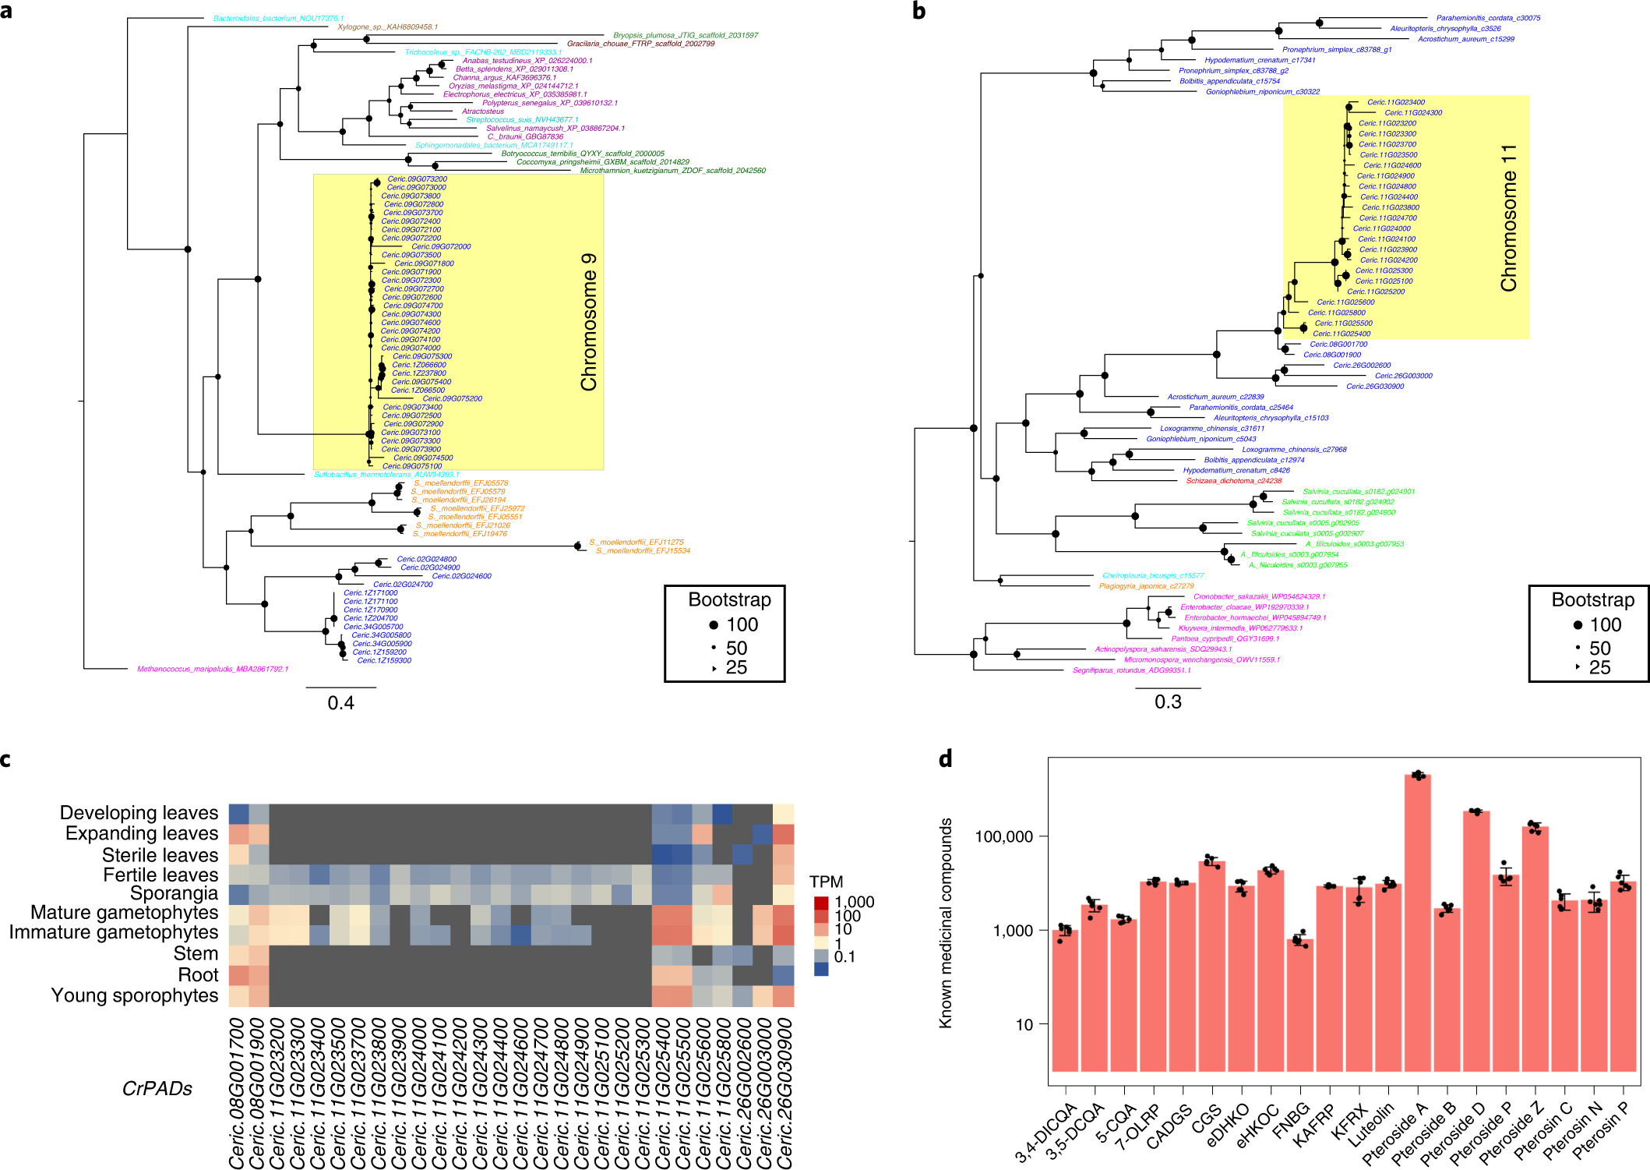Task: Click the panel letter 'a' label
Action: [x=6, y=11]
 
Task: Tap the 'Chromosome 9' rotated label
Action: [x=589, y=322]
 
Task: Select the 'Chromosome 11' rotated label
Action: [x=1509, y=218]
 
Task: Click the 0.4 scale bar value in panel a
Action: [x=340, y=703]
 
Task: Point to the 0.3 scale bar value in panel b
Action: [x=1168, y=702]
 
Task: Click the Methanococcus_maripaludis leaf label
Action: [x=212, y=669]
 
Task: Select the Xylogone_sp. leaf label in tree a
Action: [x=387, y=27]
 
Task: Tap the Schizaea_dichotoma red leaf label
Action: [x=1233, y=481]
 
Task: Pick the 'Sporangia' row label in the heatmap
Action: [x=174, y=893]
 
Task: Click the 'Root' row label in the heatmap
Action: [x=198, y=975]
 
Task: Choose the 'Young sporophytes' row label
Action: [x=134, y=995]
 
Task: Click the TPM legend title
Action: [x=826, y=882]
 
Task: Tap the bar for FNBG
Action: [x=1299, y=1006]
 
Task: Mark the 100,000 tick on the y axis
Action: [x=1003, y=836]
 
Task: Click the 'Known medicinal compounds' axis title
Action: [x=946, y=923]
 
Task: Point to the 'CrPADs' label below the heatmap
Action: [x=157, y=1089]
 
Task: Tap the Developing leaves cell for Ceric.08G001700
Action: [x=238, y=814]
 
